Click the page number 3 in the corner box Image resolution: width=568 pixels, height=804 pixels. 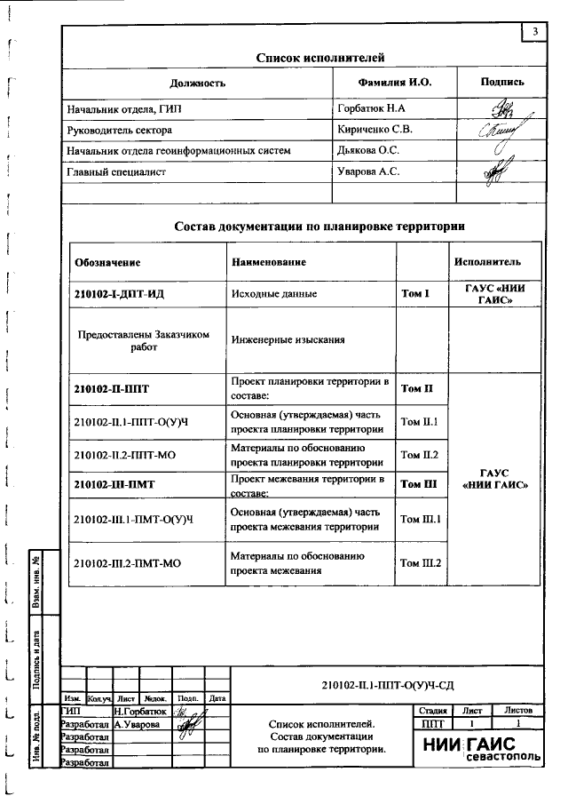(534, 33)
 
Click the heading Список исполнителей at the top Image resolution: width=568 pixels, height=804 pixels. (319, 58)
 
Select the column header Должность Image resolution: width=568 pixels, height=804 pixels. (197, 83)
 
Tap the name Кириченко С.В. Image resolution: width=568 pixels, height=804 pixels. (375, 129)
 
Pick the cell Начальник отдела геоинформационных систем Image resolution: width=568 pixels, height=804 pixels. (178, 151)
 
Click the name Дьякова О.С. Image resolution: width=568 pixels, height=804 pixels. (368, 151)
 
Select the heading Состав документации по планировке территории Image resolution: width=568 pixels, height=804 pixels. (319, 227)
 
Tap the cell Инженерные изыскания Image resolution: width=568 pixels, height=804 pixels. (288, 339)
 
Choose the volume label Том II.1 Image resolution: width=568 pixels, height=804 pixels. (421, 422)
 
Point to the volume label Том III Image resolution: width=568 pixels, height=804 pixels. (419, 484)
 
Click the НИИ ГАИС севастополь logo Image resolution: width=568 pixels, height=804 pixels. (480, 750)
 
